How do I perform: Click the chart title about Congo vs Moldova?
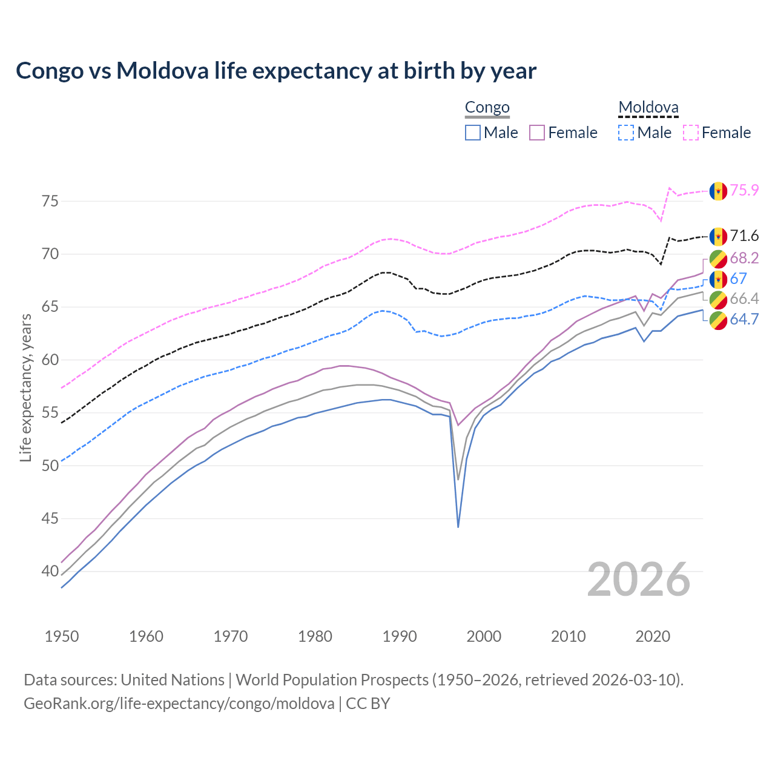tap(276, 71)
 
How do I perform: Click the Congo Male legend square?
tap(473, 133)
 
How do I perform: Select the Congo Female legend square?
tap(537, 133)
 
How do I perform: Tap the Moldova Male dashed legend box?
tap(626, 133)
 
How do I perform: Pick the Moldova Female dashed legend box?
tap(691, 133)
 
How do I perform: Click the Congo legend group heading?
tap(487, 108)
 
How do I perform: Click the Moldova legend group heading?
tap(648, 108)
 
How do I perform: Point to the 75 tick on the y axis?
tap(50, 201)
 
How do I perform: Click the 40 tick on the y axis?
tap(50, 571)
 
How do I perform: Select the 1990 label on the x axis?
tap(400, 636)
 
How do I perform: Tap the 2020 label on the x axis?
tap(653, 636)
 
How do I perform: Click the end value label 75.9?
tap(744, 191)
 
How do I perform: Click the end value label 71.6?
tap(744, 236)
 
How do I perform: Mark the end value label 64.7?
tap(744, 319)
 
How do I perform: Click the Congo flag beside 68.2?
tap(718, 259)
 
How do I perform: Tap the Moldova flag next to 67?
tap(718, 279)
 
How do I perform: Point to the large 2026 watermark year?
tap(639, 579)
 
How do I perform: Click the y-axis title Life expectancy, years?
tap(25, 387)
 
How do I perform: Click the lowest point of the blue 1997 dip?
tap(458, 527)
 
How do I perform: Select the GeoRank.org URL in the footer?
tap(179, 704)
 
